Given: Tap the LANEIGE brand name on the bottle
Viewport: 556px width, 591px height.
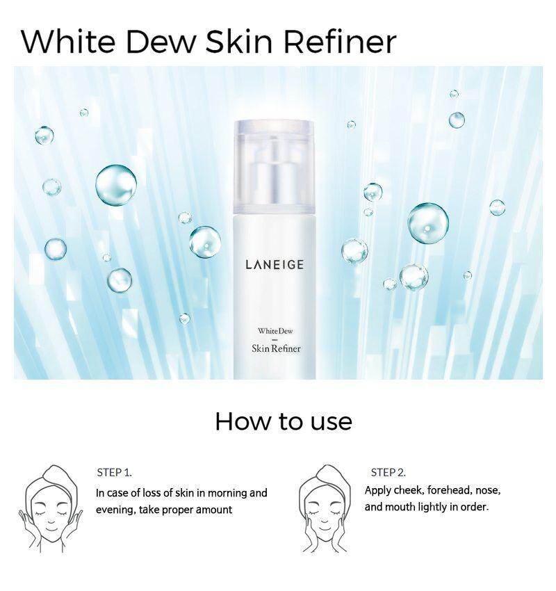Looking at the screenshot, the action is coord(275,265).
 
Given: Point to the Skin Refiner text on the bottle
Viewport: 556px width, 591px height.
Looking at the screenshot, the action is coord(276,348).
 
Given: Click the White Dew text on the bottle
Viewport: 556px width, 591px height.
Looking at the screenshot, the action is coord(275,331).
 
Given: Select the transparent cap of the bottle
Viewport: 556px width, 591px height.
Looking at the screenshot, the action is coord(274,167).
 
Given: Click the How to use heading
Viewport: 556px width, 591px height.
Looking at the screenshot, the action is coord(284,421).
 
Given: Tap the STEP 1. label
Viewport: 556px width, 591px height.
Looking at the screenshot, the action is coord(115,473).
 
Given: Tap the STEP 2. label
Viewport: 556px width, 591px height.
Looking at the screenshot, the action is coord(389,473).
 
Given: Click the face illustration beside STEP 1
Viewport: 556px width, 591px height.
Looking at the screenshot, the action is coord(51,509).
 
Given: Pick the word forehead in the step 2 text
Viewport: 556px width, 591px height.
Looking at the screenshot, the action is coord(450,490).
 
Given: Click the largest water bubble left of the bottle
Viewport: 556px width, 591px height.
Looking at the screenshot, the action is coord(116,185).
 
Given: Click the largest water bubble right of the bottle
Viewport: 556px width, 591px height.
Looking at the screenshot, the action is coord(428,222).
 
